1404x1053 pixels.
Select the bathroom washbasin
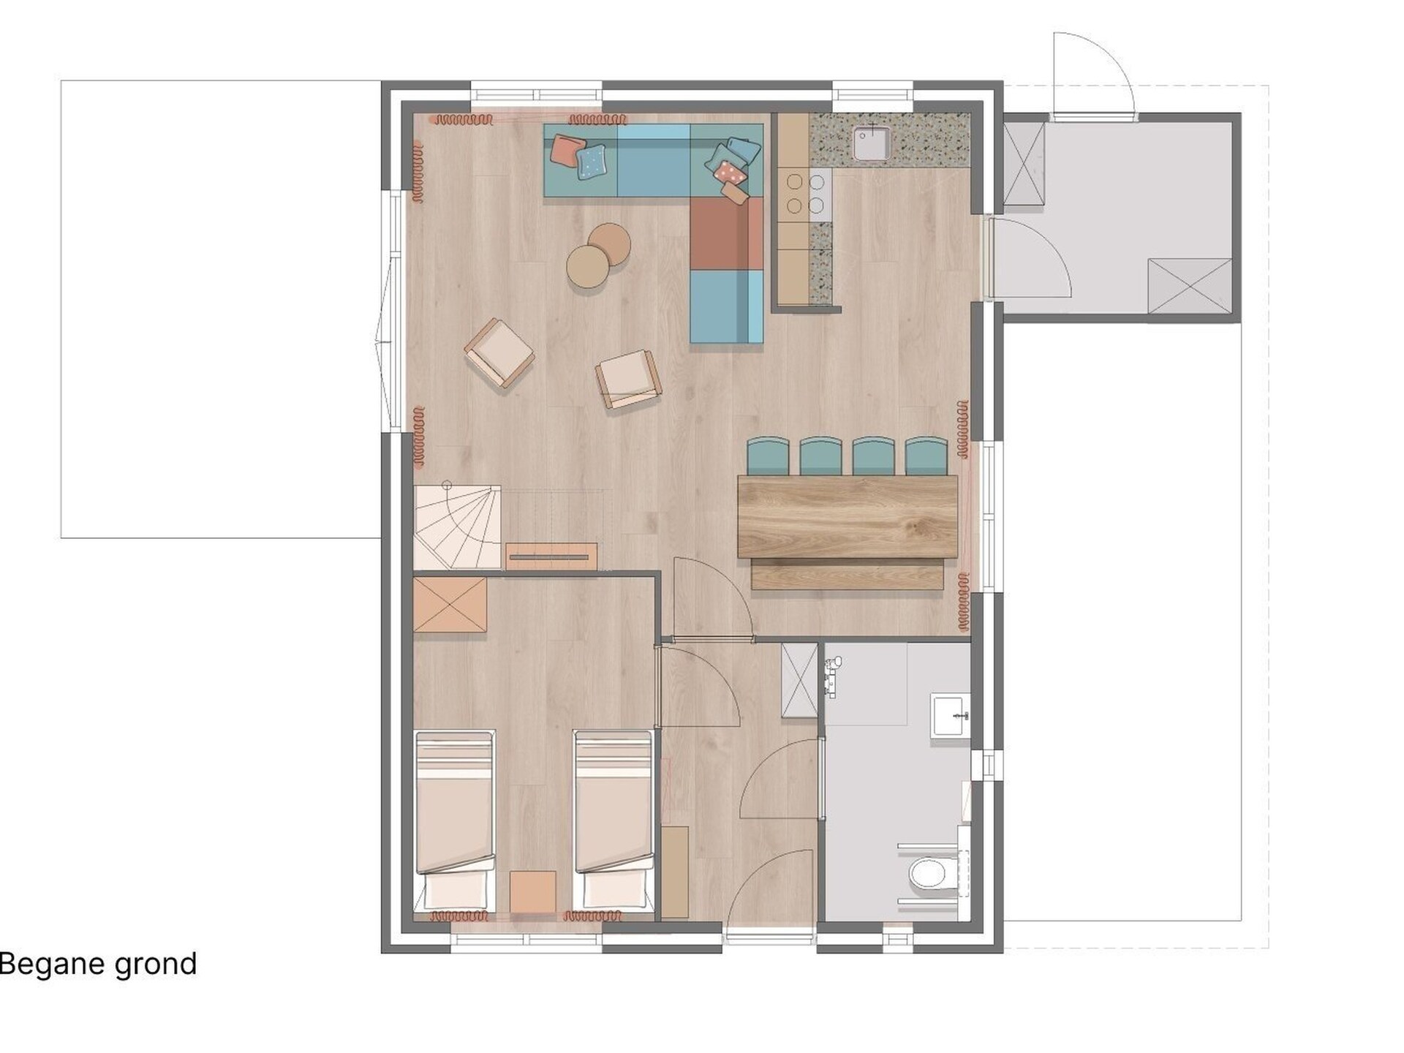click(951, 714)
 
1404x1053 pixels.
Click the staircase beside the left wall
click(458, 526)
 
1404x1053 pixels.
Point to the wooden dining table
click(848, 516)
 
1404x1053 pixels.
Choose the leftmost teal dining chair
click(769, 456)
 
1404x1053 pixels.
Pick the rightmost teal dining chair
click(926, 456)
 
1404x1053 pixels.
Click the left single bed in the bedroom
click(454, 821)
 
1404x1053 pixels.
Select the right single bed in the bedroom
click(613, 821)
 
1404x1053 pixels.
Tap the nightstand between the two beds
click(533, 891)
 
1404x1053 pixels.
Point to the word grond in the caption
click(156, 965)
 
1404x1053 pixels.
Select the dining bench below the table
click(847, 574)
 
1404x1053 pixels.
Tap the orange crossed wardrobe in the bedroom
click(450, 605)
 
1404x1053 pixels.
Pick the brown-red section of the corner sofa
click(727, 233)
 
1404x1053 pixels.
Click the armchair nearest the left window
click(499, 352)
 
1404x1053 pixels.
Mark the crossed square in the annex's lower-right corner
click(1190, 285)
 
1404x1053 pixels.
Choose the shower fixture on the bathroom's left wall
click(832, 676)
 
